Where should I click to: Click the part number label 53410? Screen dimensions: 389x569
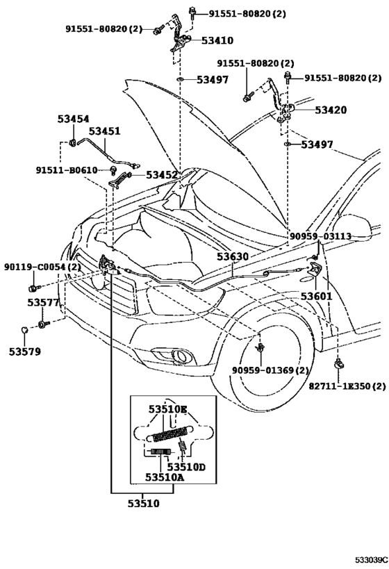[217, 40]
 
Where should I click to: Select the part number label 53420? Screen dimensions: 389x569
[331, 110]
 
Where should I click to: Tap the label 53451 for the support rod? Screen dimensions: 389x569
[104, 131]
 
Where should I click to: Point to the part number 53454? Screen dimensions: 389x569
[74, 119]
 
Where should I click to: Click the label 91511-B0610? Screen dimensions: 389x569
[67, 170]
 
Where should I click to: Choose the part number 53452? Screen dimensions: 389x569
[162, 175]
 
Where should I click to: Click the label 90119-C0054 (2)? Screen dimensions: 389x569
[42, 267]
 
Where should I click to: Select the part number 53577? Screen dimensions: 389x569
[43, 302]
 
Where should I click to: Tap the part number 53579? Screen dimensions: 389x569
[25, 352]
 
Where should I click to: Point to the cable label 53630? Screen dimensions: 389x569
[233, 256]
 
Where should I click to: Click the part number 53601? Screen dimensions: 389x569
[317, 296]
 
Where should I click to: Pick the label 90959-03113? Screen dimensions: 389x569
[320, 237]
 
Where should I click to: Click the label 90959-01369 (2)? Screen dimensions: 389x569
[270, 370]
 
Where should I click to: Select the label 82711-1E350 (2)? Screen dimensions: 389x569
[347, 386]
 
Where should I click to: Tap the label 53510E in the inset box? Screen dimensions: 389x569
[167, 409]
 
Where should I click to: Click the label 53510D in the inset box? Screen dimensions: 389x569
[186, 467]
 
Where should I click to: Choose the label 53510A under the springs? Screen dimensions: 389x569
[165, 477]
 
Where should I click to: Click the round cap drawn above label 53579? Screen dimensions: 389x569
[25, 330]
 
